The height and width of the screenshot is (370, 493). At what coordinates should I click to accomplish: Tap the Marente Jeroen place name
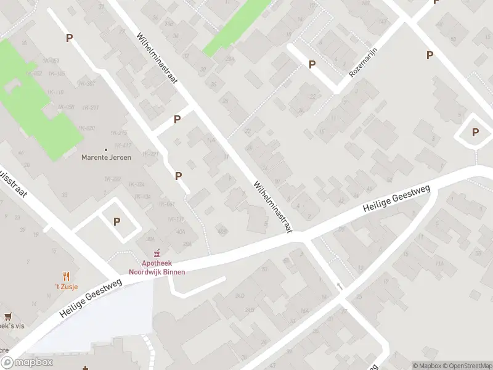(x=106, y=157)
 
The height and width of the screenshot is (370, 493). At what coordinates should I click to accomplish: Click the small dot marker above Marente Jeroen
(x=106, y=149)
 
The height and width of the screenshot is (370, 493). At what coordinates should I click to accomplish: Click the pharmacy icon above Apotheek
(x=157, y=252)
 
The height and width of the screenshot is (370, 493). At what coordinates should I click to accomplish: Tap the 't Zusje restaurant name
(x=67, y=287)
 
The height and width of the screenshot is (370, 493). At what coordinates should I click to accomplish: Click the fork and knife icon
(x=67, y=277)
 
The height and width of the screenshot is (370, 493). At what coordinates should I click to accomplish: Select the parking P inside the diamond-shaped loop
(x=475, y=132)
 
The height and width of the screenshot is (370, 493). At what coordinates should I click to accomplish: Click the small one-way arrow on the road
(x=339, y=286)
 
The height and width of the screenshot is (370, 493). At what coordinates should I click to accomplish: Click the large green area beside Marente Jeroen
(x=37, y=105)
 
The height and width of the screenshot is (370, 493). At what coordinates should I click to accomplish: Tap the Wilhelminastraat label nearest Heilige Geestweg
(x=272, y=206)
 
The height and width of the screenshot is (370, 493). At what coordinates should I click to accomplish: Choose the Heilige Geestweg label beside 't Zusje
(x=92, y=298)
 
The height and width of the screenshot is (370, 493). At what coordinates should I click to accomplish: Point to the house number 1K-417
(x=123, y=146)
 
